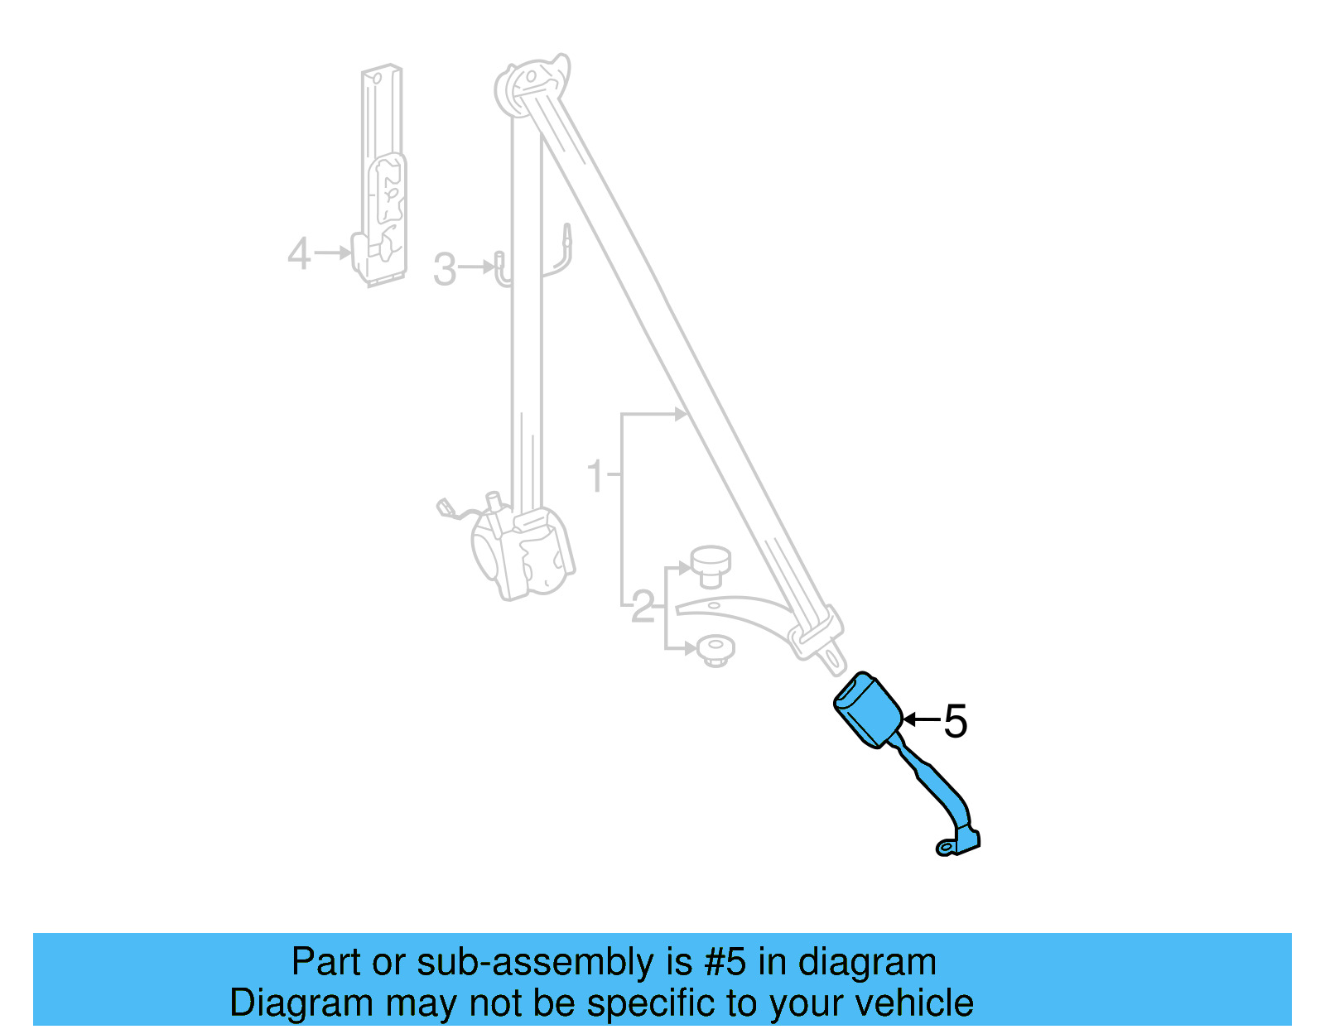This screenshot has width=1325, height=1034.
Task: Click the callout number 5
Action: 956,721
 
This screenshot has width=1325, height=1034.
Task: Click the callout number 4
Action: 299,253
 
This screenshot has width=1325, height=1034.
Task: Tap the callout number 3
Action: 445,270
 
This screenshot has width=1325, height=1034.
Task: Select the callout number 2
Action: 642,608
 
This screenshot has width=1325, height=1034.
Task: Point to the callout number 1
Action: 595,477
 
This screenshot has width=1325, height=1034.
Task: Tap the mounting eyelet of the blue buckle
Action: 945,847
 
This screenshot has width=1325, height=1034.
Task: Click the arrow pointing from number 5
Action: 921,719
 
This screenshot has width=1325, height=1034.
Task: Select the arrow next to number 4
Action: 333,252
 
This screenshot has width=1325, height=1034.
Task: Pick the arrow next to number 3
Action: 478,267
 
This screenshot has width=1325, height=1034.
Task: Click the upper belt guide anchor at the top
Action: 532,83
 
